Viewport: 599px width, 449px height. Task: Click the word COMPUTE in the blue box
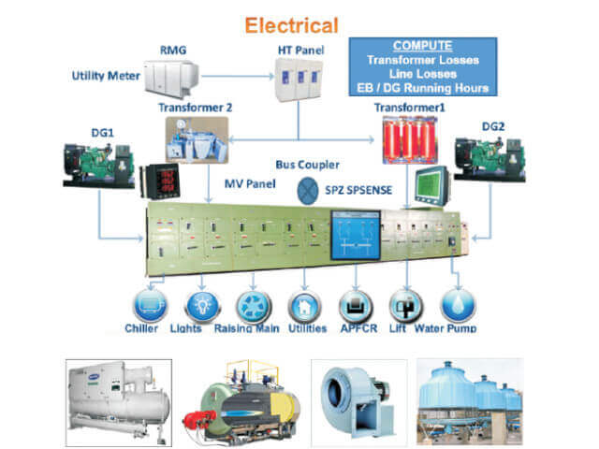coord(421,45)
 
